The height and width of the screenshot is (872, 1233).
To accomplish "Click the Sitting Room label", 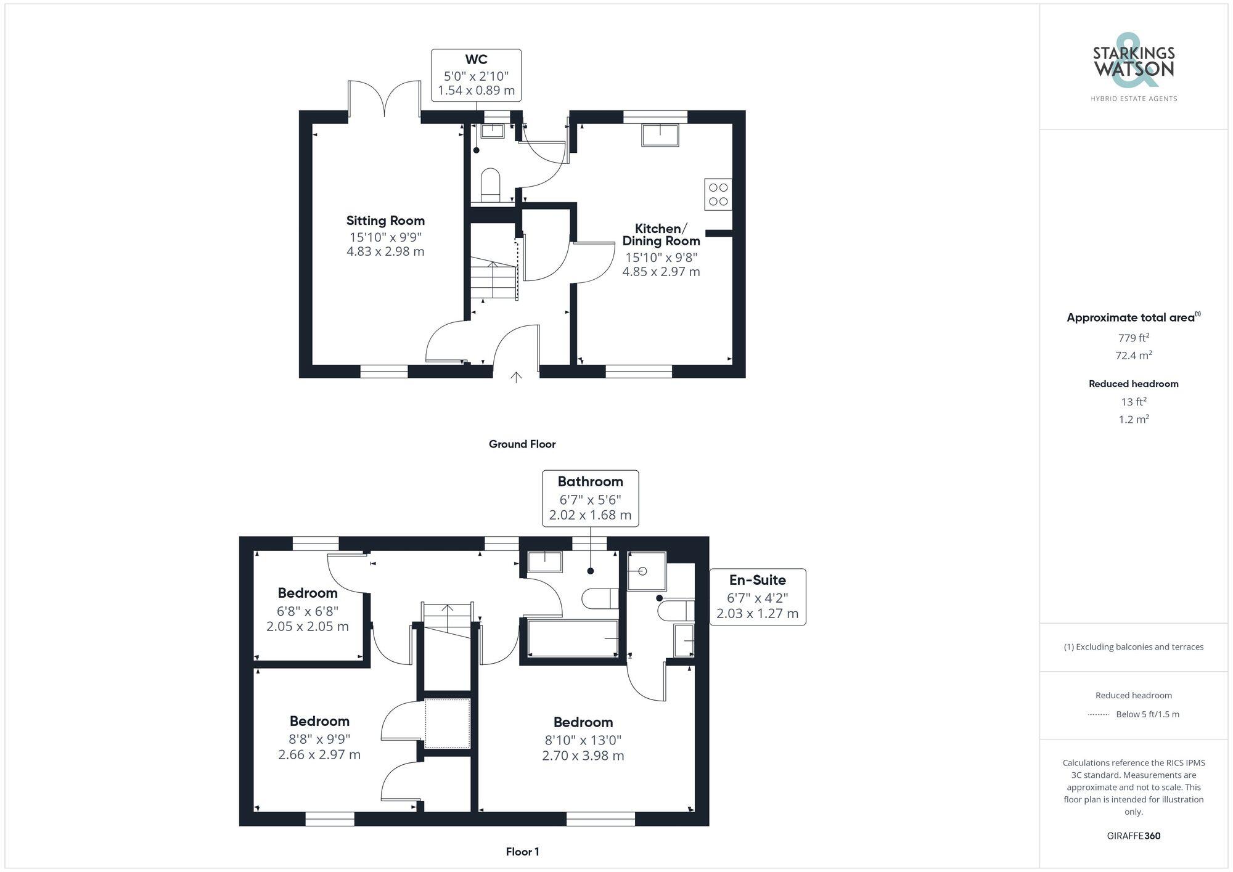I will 385,221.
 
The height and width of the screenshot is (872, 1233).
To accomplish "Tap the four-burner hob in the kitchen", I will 718,194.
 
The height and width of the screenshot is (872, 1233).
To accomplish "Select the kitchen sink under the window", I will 660,135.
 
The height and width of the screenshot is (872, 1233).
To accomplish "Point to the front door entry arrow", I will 516,377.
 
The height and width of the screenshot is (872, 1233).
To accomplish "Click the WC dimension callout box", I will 476,75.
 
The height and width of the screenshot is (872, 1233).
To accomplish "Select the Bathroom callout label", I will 590,482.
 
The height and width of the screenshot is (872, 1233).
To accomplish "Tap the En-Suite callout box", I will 757,597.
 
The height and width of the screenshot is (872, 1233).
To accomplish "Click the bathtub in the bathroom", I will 573,638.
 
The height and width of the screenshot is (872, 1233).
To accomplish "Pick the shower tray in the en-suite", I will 647,571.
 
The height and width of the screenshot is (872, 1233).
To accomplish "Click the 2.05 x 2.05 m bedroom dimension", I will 308,627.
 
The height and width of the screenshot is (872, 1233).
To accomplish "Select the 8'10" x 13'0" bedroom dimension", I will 583,740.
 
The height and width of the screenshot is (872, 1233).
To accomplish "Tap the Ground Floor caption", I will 522,444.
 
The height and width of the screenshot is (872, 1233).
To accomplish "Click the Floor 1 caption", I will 522,852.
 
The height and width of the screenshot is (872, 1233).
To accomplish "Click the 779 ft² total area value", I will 1133,338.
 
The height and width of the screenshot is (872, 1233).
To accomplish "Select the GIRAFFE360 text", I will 1133,836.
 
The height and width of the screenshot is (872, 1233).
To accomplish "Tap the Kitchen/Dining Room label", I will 661,235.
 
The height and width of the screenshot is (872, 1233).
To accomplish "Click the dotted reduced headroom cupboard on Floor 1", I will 448,723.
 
